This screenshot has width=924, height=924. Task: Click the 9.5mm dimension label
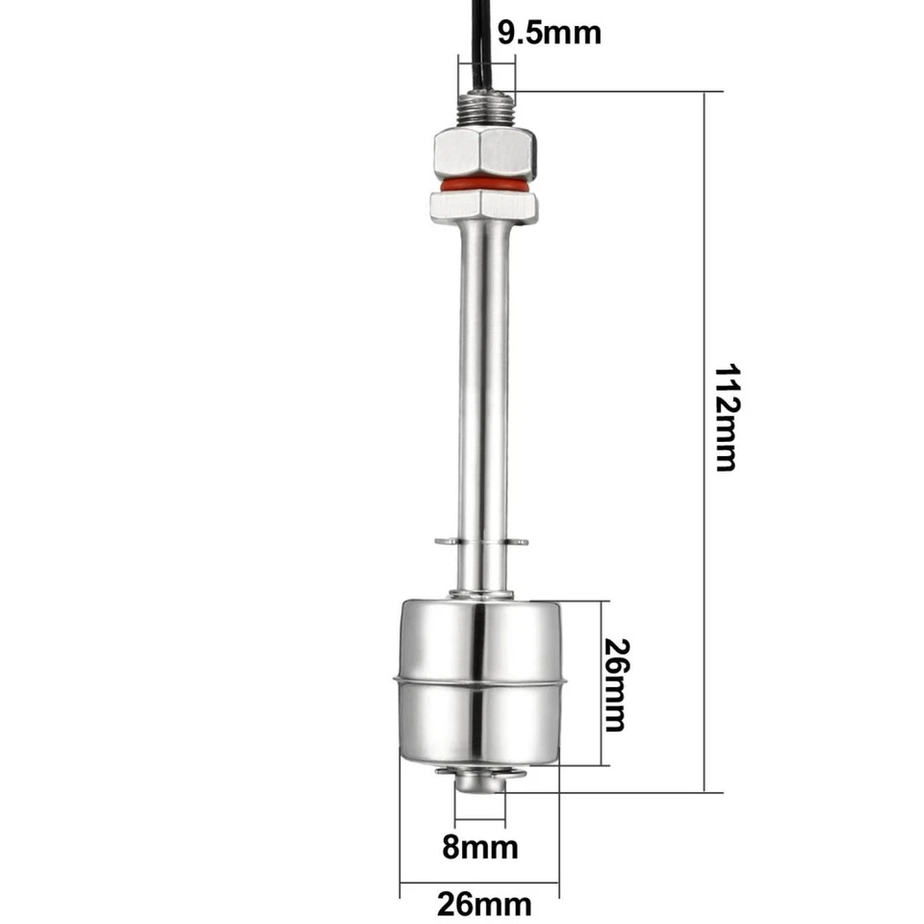coord(550,32)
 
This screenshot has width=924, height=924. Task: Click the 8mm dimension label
coord(480,847)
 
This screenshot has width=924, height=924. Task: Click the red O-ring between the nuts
coord(482,182)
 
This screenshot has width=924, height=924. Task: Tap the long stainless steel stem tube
coord(481,385)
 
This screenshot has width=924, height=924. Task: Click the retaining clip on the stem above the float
coord(481,543)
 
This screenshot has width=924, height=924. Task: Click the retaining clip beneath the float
coord(481,772)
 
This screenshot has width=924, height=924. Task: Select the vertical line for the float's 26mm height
coord(601,683)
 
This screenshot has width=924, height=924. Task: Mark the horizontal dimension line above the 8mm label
coord(480,823)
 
